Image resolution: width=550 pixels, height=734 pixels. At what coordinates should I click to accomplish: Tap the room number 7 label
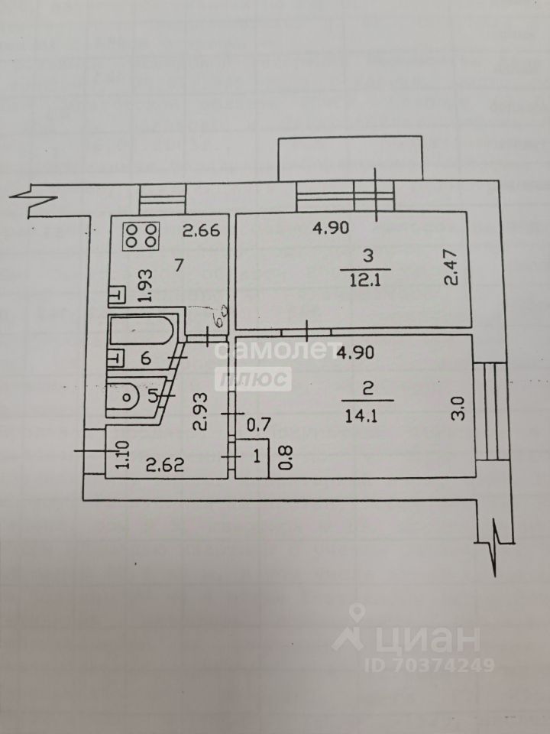[178, 265]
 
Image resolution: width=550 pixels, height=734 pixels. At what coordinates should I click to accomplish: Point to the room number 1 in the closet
[257, 458]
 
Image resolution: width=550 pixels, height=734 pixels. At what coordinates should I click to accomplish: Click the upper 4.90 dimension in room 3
[334, 226]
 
